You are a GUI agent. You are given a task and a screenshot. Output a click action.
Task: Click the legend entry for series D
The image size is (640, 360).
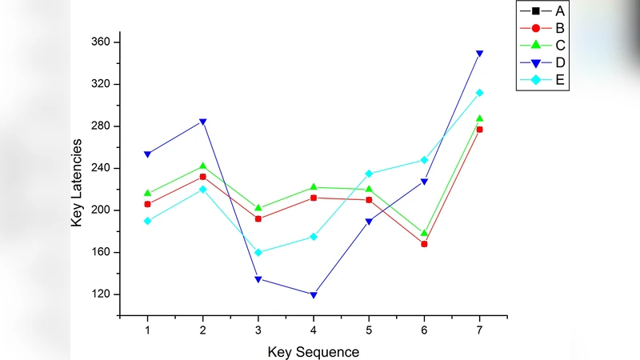point(545,62)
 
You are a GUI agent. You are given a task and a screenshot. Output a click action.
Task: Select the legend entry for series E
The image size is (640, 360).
point(545,79)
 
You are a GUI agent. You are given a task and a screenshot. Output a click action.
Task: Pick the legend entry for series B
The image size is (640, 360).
point(545,28)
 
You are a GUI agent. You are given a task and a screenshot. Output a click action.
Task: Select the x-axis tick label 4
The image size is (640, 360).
point(314,330)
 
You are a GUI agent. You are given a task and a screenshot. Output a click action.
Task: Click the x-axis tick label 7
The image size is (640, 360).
point(480,330)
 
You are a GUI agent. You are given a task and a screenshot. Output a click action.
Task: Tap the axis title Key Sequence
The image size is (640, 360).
point(313,350)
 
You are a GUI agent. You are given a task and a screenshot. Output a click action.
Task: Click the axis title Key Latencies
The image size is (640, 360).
point(77,182)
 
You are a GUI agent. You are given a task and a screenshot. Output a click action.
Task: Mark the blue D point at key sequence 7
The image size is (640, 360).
point(480,54)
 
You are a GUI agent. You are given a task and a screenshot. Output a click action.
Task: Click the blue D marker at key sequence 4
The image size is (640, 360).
point(314,295)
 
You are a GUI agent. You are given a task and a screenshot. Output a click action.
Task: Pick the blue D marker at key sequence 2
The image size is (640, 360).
point(202,122)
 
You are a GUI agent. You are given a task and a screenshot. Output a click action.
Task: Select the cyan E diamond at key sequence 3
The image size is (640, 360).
point(258,252)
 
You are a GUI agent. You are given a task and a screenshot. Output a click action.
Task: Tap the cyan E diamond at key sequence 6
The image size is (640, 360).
point(424,160)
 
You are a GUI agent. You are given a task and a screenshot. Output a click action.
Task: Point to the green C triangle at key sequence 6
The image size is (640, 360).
point(424,233)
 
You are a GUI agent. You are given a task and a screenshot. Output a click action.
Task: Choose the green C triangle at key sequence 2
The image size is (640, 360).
point(202,166)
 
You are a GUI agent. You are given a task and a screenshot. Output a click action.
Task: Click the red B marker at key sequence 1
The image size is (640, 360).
point(147,204)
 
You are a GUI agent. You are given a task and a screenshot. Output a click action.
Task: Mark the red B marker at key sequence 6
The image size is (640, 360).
point(424,244)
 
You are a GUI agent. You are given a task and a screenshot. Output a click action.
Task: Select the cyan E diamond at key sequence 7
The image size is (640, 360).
point(480,93)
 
